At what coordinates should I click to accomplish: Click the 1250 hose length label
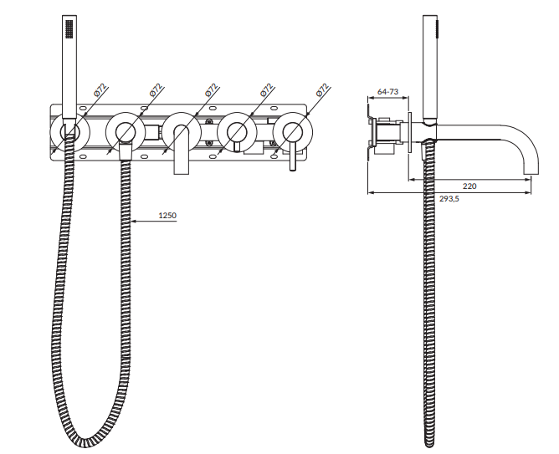(x=167, y=216)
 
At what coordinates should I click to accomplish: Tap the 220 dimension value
(x=469, y=186)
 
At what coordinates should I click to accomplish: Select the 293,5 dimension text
(x=449, y=199)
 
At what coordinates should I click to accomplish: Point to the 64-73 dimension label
(x=388, y=91)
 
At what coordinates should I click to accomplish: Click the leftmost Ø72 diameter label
(x=101, y=90)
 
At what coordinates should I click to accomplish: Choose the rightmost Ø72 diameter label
(x=322, y=90)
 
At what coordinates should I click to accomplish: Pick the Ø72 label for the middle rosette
(x=212, y=90)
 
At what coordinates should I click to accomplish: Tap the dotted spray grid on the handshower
(x=69, y=28)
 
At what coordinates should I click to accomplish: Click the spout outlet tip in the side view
(x=531, y=174)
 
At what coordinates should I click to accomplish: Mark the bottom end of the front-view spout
(x=181, y=173)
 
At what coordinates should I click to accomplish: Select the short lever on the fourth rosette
(x=237, y=145)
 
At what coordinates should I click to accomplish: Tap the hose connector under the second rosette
(x=126, y=151)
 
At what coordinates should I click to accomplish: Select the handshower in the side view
(x=430, y=69)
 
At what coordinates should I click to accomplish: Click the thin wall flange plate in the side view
(x=409, y=133)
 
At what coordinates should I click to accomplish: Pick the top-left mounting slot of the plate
(x=84, y=108)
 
